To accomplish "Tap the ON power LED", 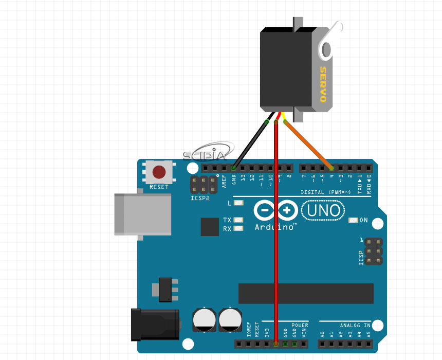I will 353,220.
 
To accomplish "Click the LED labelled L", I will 238,203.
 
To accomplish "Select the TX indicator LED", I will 238,220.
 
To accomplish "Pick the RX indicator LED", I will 238,228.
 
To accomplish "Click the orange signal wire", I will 308,145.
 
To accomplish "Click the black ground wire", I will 250,145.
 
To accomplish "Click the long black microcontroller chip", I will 306,293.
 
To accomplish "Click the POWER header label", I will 300,326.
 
